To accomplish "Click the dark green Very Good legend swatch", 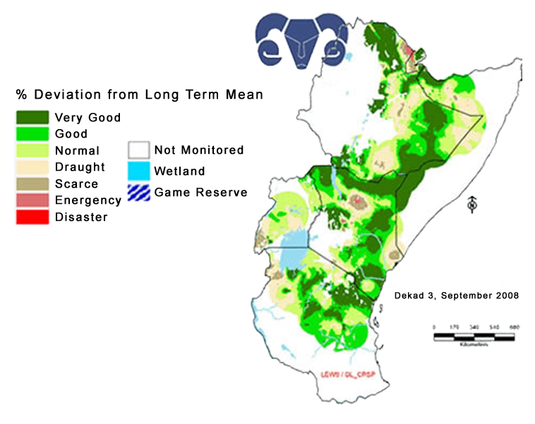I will click(x=32, y=117).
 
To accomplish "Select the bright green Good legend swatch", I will click(x=32, y=133).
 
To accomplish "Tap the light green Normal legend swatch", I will click(x=32, y=150).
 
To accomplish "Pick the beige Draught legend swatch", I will click(x=32, y=167).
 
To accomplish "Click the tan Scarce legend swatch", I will click(x=32, y=184).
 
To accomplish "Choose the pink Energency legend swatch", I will click(x=32, y=200).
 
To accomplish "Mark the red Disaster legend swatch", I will click(x=32, y=217).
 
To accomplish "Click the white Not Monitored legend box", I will click(x=138, y=150).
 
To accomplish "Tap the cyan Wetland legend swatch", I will click(x=138, y=171).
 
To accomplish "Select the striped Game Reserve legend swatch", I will click(x=138, y=192).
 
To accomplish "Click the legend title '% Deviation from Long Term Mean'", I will click(x=139, y=95).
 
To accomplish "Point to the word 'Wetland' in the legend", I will click(x=179, y=171).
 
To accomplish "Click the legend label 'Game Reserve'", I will click(x=200, y=192).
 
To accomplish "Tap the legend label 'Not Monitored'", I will click(x=198, y=150).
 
